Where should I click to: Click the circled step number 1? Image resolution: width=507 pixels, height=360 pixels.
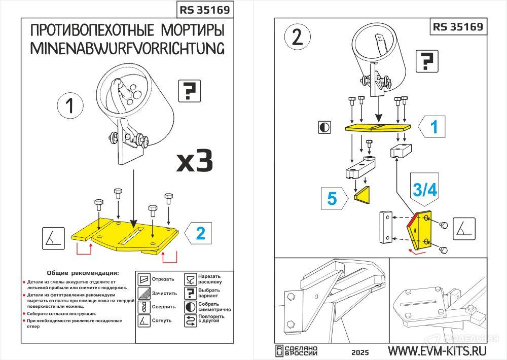tap(70, 106)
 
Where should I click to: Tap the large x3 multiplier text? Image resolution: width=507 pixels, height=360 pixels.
tap(194, 161)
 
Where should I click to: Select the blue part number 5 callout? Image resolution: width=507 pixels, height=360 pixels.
tap(333, 198)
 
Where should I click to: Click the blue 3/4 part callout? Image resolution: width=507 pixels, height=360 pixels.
tap(424, 190)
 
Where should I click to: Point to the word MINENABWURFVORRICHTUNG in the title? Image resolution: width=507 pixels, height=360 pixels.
tap(127, 48)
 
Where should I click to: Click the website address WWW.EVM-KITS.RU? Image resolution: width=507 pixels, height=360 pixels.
tap(437, 351)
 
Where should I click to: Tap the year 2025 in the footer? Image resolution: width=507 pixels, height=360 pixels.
tap(359, 352)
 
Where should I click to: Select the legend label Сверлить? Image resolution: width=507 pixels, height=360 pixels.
tap(163, 307)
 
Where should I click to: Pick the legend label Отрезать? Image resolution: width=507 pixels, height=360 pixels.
tap(163, 279)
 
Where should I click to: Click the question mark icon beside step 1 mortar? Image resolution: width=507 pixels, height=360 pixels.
tap(190, 91)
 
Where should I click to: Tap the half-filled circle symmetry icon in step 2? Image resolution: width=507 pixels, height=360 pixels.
tap(324, 127)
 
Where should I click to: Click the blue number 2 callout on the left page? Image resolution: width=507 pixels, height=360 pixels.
tap(201, 233)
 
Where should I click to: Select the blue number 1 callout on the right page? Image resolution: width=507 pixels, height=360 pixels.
tap(433, 127)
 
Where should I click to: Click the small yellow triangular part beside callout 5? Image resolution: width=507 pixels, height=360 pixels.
tap(363, 196)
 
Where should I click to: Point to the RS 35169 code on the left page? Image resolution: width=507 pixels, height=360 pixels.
tap(205, 10)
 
